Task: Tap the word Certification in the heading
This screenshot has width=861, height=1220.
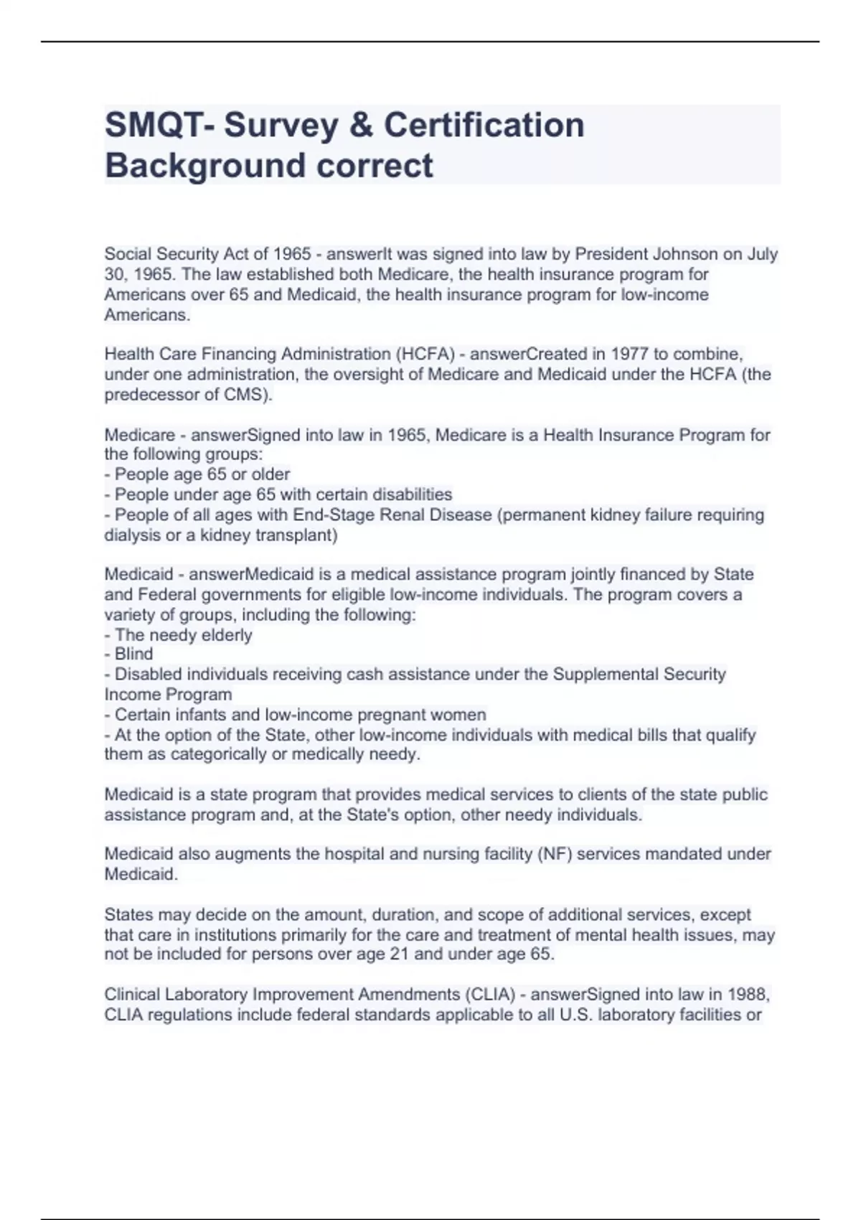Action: pos(484,126)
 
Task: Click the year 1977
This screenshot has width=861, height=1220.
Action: pos(629,354)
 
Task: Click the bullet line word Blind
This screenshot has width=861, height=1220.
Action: pos(134,654)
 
